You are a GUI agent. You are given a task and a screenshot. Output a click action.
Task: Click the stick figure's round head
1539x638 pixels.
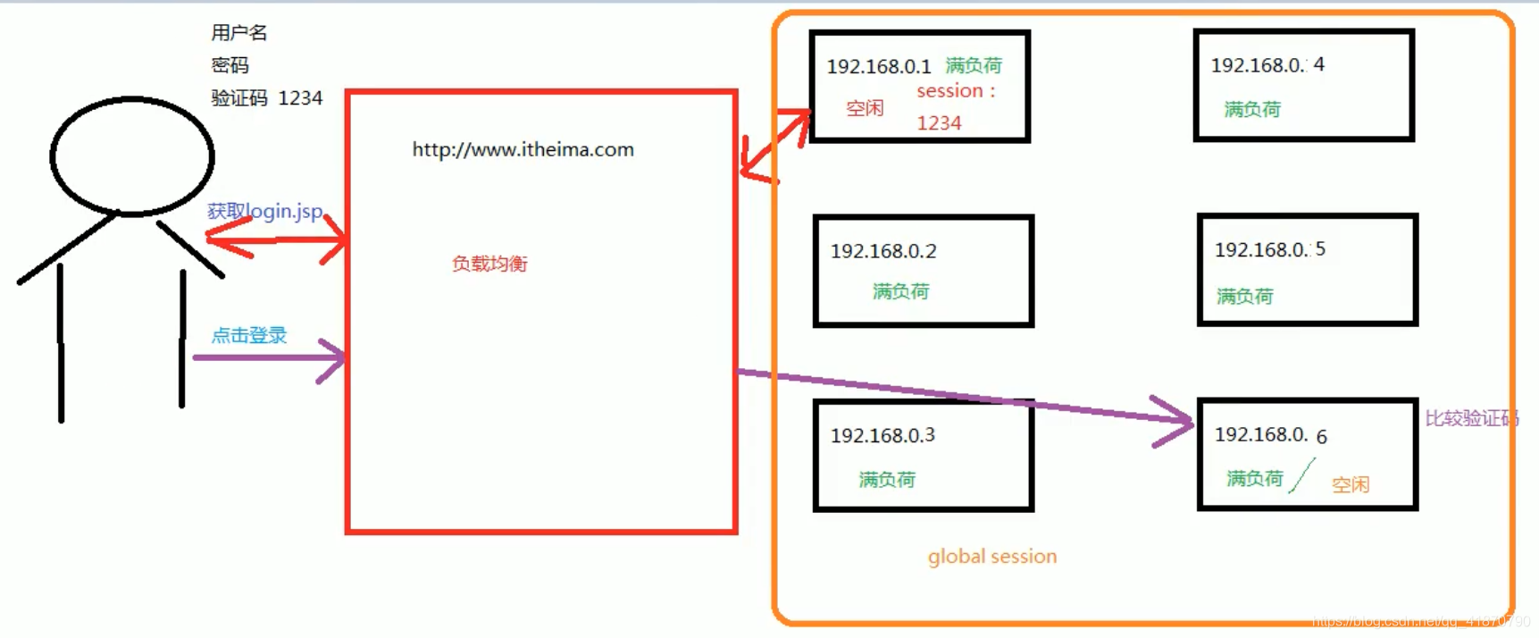[132, 156]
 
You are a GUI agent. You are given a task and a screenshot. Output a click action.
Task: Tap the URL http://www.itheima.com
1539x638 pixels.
[523, 150]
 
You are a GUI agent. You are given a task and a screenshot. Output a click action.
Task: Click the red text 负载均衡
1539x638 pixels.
[489, 264]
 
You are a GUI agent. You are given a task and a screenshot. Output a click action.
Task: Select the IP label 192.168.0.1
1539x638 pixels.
[879, 67]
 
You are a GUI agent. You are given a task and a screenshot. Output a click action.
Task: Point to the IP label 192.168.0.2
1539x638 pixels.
[883, 251]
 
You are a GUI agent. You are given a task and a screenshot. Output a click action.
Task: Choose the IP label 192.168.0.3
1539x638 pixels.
[882, 435]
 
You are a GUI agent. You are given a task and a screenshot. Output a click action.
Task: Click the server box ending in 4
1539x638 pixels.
[1303, 85]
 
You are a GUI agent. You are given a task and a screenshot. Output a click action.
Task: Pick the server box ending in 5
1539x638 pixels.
[1307, 270]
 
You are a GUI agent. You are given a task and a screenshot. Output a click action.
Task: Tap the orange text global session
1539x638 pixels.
[991, 557]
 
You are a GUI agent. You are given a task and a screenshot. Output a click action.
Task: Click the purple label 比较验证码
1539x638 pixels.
[1471, 418]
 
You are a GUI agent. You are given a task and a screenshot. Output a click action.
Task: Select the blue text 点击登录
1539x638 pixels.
[249, 335]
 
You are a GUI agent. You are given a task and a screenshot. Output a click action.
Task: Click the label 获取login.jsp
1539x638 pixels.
[265, 211]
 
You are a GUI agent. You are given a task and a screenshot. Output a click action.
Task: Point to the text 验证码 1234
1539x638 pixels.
[266, 98]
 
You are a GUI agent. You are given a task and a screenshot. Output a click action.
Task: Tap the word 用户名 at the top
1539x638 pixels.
[239, 33]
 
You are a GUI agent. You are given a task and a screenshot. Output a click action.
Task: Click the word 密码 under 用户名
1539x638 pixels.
[230, 65]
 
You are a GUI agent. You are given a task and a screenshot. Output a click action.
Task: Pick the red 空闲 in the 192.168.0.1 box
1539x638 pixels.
[865, 108]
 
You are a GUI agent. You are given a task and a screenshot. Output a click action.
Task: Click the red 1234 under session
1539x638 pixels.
[939, 123]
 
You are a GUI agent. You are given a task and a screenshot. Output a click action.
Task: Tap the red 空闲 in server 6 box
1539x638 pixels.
[1350, 484]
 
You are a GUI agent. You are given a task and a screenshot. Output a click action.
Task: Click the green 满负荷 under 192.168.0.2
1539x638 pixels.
[900, 291]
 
